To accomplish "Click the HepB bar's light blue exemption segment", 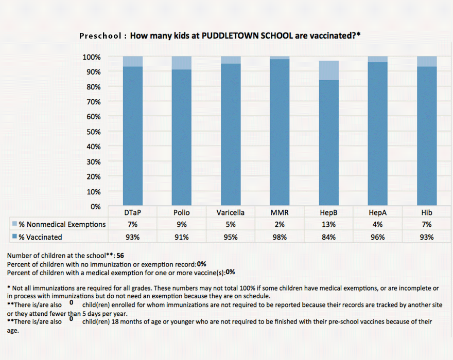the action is (329, 70).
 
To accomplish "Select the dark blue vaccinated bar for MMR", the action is (280, 132).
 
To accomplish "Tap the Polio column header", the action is (181, 212).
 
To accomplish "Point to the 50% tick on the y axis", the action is (94, 132).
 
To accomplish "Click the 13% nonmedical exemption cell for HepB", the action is (329, 224).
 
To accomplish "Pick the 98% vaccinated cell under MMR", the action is (280, 237).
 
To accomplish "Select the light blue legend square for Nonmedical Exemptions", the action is (15, 223).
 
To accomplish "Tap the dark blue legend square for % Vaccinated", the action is (15, 236).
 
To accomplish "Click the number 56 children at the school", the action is (120, 256).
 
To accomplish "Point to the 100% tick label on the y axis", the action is (92, 57).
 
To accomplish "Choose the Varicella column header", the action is (231, 212).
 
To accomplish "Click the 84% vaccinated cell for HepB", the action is (329, 237).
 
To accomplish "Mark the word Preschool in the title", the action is (100, 36).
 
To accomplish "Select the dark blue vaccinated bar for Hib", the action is (427, 136).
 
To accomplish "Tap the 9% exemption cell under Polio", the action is (181, 224).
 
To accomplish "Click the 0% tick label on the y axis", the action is (96, 207).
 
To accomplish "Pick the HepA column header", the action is (378, 212).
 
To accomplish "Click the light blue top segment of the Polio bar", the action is (181, 63).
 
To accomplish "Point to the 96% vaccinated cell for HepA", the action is (378, 237).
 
